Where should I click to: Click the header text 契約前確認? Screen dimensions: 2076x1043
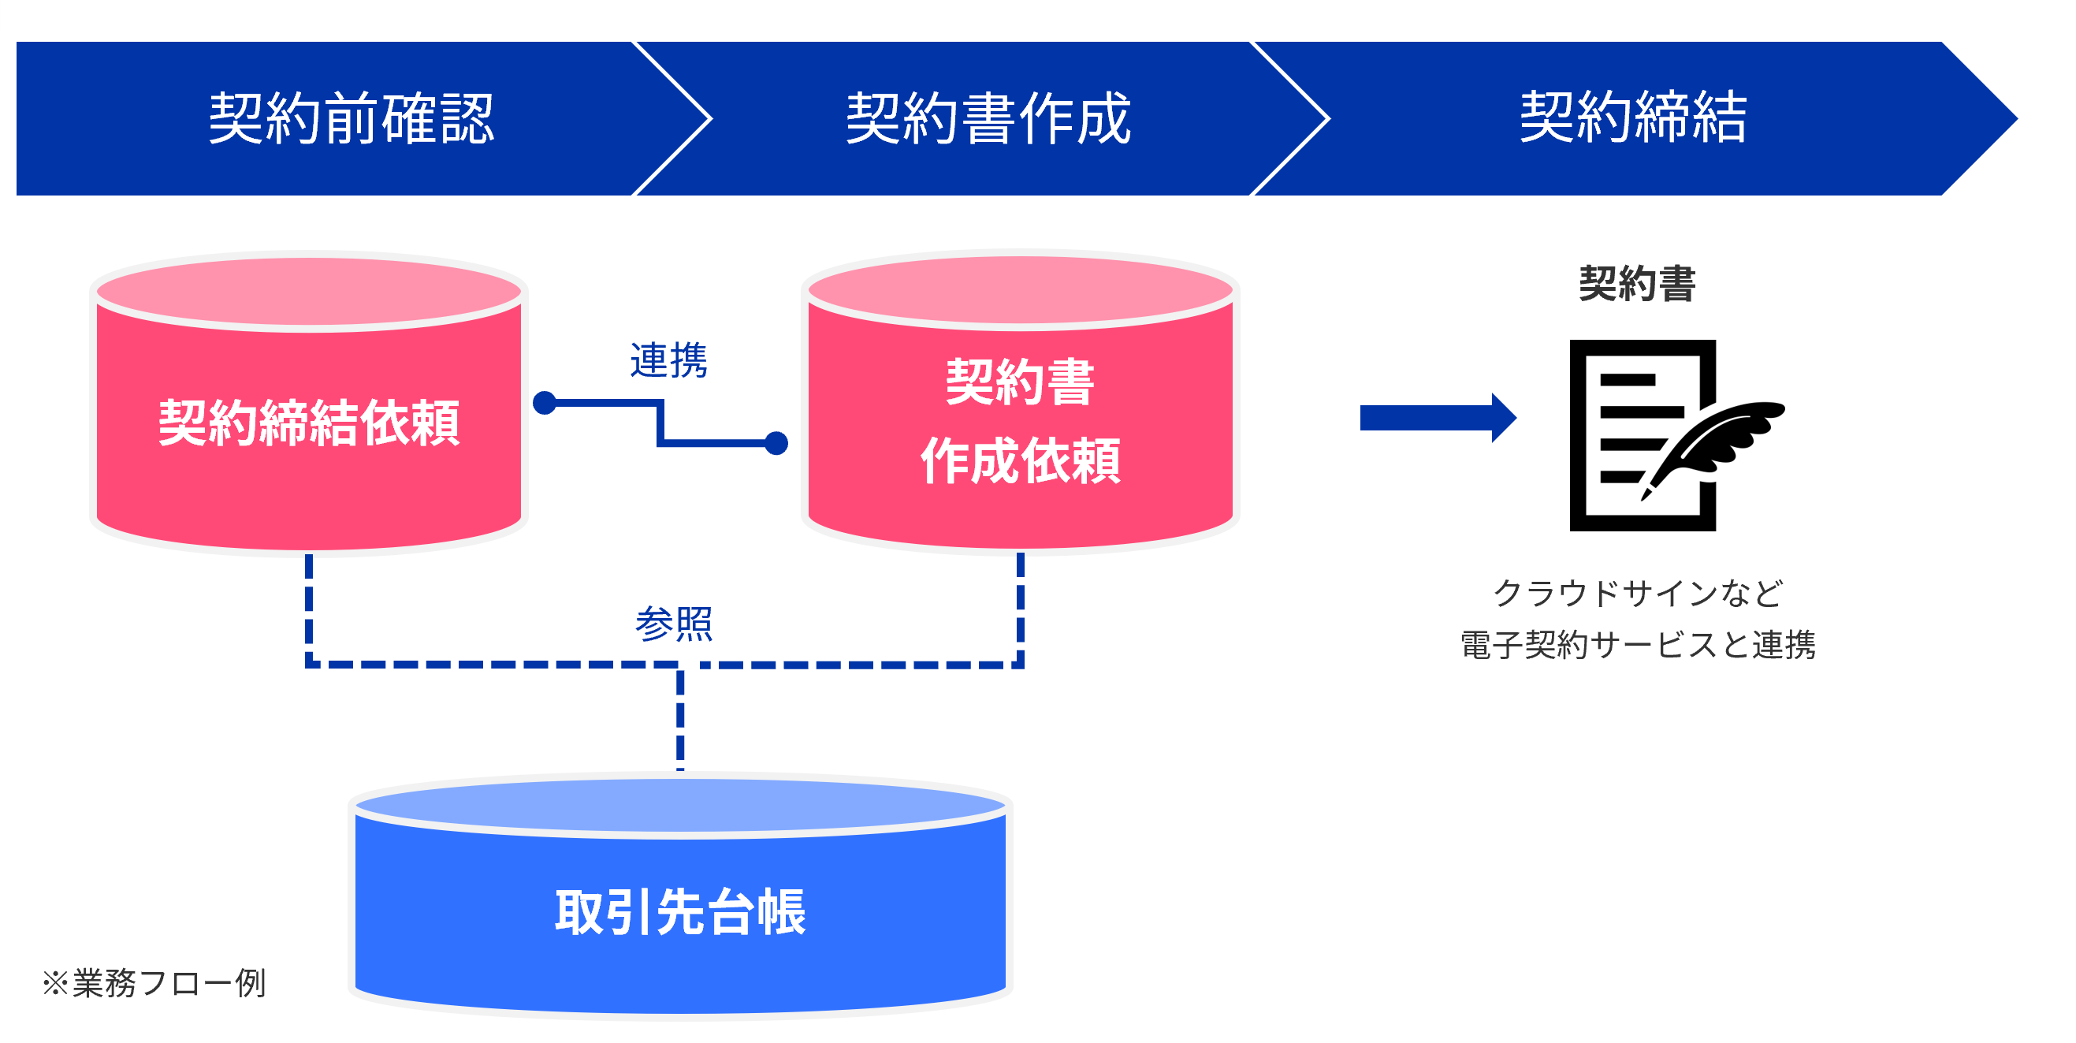coord(352,118)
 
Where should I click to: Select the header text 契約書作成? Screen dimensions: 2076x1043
coord(988,118)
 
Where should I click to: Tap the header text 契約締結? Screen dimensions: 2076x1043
coord(1633,117)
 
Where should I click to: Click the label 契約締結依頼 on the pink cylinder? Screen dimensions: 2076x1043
coord(309,423)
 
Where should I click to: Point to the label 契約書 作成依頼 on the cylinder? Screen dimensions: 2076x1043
coord(1021,421)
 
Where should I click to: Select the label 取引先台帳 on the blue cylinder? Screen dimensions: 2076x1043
coord(680,912)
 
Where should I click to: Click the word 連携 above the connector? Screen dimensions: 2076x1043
coord(668,359)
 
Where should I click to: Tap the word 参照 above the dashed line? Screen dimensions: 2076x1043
coord(674,624)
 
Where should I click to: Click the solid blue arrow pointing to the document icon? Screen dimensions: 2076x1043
coord(1438,418)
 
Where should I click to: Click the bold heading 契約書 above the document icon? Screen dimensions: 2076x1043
coord(1638,284)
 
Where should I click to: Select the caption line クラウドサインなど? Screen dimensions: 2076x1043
coord(1638,593)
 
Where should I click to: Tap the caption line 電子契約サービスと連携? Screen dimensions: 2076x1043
coord(1638,645)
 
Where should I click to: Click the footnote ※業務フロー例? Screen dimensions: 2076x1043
coord(154,983)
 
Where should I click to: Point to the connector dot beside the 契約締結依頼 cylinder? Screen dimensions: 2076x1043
coord(545,403)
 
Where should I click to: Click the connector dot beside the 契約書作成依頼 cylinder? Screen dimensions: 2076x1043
coord(776,443)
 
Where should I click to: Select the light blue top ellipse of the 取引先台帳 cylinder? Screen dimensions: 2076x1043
coord(680,806)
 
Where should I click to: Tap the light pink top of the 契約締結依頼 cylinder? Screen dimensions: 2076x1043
coord(309,292)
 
